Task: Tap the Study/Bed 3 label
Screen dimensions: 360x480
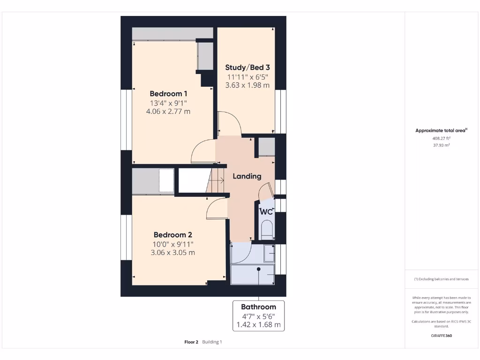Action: [x=247, y=67]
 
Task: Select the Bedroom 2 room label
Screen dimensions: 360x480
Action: [x=173, y=234]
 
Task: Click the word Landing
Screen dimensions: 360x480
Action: [x=247, y=176]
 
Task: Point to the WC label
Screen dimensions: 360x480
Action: [x=266, y=211]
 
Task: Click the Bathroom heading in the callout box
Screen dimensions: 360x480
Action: [x=258, y=307]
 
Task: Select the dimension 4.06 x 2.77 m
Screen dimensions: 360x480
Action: [x=168, y=112]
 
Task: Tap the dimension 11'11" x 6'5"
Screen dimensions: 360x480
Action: [x=247, y=77]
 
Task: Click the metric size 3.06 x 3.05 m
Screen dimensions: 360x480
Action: [x=173, y=253]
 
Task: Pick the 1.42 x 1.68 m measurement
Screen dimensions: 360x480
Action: [x=258, y=324]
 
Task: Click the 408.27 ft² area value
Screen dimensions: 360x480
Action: [x=441, y=138]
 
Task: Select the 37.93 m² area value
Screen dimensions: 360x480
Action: [x=441, y=145]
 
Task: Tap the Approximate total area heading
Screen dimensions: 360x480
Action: [x=441, y=131]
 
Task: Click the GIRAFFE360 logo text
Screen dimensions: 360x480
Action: [x=441, y=336]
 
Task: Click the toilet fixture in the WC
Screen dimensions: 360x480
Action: [x=266, y=230]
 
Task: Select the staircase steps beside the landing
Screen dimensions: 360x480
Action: [x=217, y=180]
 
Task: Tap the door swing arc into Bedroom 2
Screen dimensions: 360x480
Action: [x=215, y=207]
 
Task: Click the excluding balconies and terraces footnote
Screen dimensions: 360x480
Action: [x=441, y=279]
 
